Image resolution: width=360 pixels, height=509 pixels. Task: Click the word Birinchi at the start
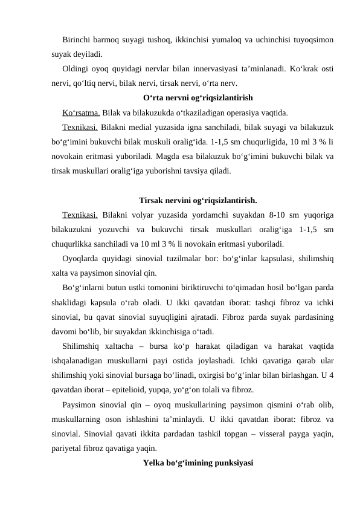coord(76,41)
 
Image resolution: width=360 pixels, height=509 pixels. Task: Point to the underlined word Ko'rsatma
coord(81,112)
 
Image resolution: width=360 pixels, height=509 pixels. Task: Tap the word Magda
coord(195,156)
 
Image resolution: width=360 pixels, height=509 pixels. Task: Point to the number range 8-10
coord(275,215)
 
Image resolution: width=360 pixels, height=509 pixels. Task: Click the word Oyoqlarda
coord(81,258)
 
